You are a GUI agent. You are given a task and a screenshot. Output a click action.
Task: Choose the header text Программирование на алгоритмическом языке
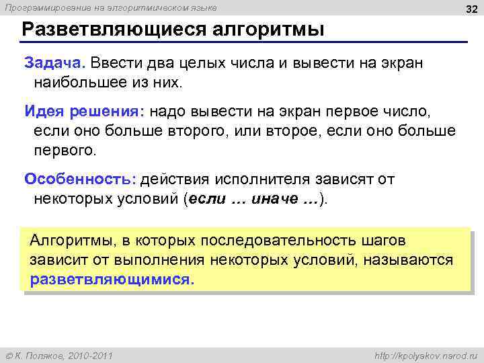coord(110,7)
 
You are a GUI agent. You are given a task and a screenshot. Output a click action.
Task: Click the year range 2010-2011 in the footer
coord(91,354)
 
